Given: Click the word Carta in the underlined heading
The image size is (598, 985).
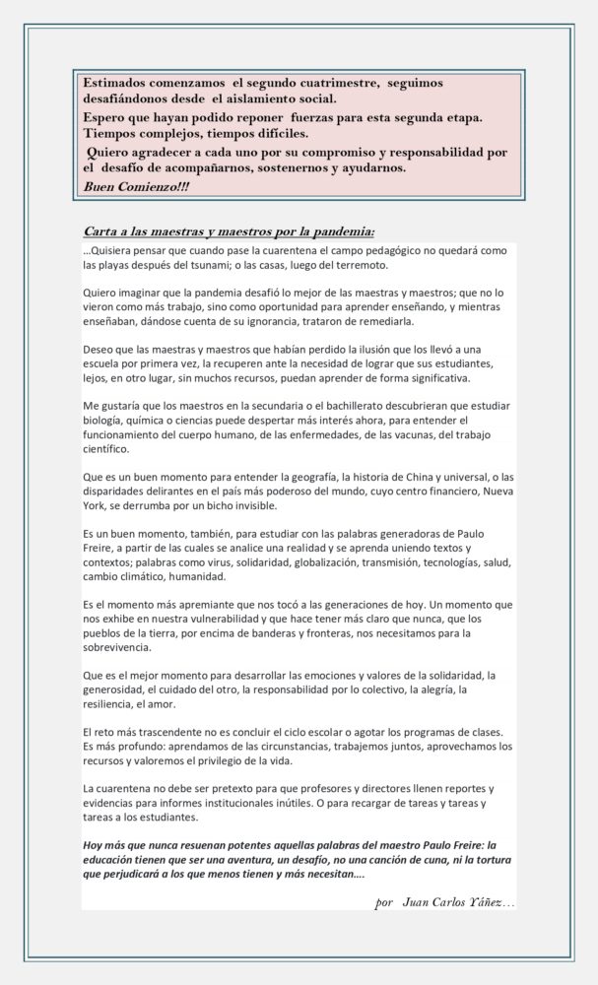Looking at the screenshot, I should click(103, 232).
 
